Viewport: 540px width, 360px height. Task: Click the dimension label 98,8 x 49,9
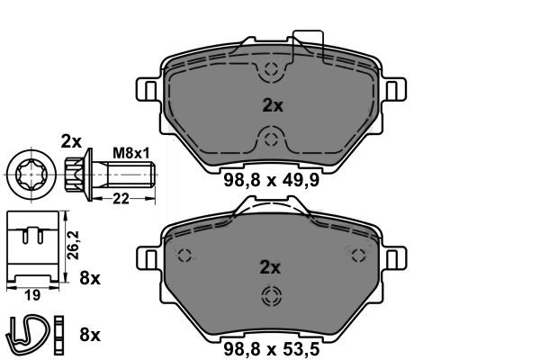[272, 180]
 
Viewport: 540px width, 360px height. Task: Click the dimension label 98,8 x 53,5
[272, 349]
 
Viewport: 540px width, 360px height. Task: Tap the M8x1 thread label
[131, 153]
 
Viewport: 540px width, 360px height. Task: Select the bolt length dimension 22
[121, 199]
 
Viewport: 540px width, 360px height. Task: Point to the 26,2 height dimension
[74, 246]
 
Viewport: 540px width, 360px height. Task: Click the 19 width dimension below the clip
[32, 295]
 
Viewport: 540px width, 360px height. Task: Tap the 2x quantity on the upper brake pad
[273, 105]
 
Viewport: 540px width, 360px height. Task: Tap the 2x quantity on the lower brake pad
[270, 267]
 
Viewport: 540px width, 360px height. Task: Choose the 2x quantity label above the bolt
[71, 141]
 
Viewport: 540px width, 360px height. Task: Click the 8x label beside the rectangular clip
[90, 278]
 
